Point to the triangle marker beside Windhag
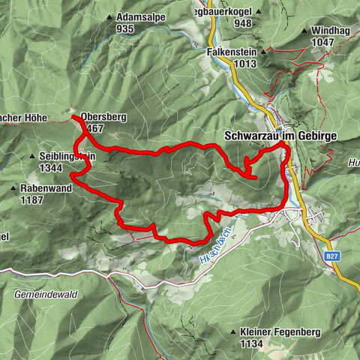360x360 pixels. coord(307,31)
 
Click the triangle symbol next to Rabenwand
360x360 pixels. coord(15,189)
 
